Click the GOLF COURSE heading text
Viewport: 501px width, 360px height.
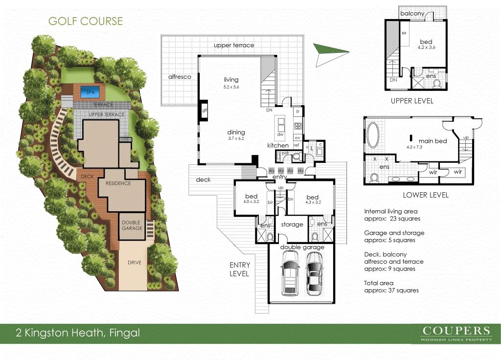pyautogui.click(x=86, y=22)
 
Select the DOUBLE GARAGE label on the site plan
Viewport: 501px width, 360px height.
pyautogui.click(x=132, y=225)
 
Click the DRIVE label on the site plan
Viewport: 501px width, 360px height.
pyautogui.click(x=135, y=263)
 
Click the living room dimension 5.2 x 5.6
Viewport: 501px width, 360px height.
pyautogui.click(x=231, y=88)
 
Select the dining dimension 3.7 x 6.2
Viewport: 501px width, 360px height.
pyautogui.click(x=235, y=139)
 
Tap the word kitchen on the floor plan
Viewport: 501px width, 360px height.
pyautogui.click(x=278, y=146)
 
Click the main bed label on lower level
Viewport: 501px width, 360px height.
pyautogui.click(x=433, y=141)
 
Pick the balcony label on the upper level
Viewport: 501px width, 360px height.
pyautogui.click(x=412, y=14)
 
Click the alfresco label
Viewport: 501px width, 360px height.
pyautogui.click(x=179, y=77)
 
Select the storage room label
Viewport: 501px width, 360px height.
pyautogui.click(x=293, y=225)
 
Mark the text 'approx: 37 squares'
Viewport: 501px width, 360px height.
pyautogui.click(x=391, y=291)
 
